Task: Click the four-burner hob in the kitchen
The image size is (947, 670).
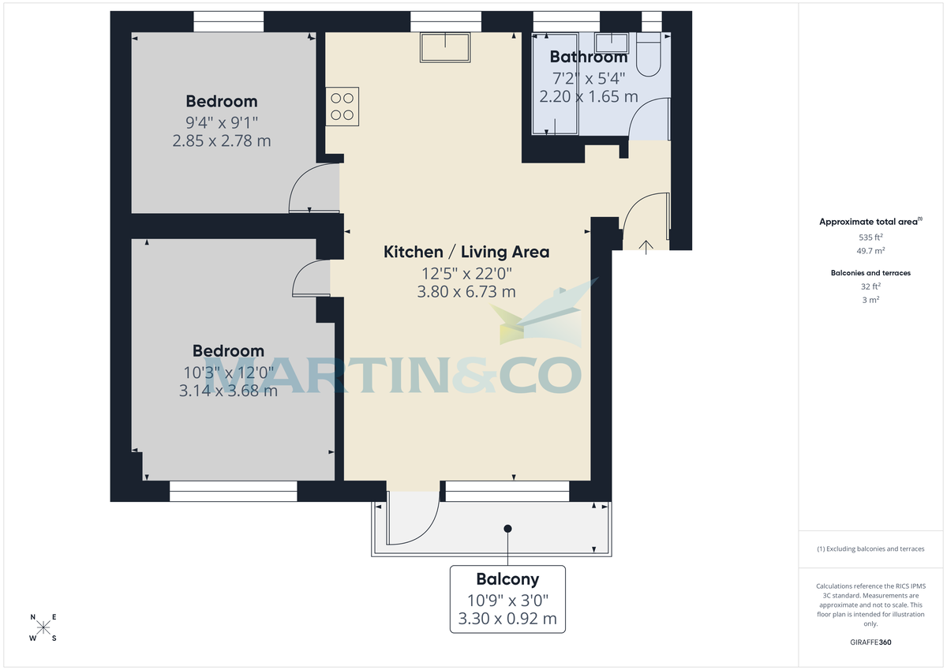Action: click(342, 107)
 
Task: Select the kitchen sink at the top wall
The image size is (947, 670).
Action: click(446, 47)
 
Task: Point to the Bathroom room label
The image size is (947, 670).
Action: click(588, 57)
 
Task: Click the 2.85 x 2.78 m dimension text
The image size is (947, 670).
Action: click(221, 140)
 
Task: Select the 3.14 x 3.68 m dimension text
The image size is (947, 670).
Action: click(229, 390)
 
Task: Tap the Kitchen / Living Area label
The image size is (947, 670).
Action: click(466, 252)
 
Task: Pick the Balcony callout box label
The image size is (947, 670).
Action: click(507, 578)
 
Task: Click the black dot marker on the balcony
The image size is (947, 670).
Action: click(508, 529)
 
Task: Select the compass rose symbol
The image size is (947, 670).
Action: click(43, 628)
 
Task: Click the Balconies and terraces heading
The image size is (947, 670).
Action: click(870, 273)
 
